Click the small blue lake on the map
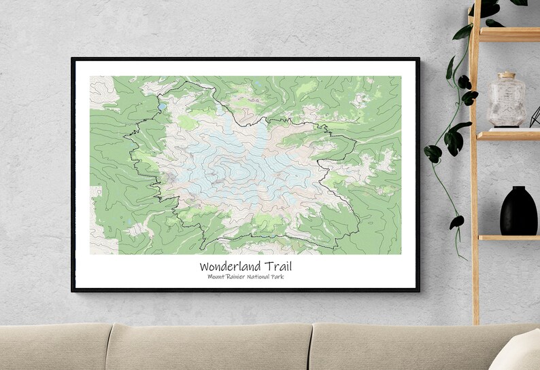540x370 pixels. click(161, 107)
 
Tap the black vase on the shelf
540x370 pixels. click(518, 211)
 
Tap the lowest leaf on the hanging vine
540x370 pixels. click(457, 223)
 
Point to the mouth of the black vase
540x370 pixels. click(518, 189)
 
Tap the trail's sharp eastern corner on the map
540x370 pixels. click(355, 141)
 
